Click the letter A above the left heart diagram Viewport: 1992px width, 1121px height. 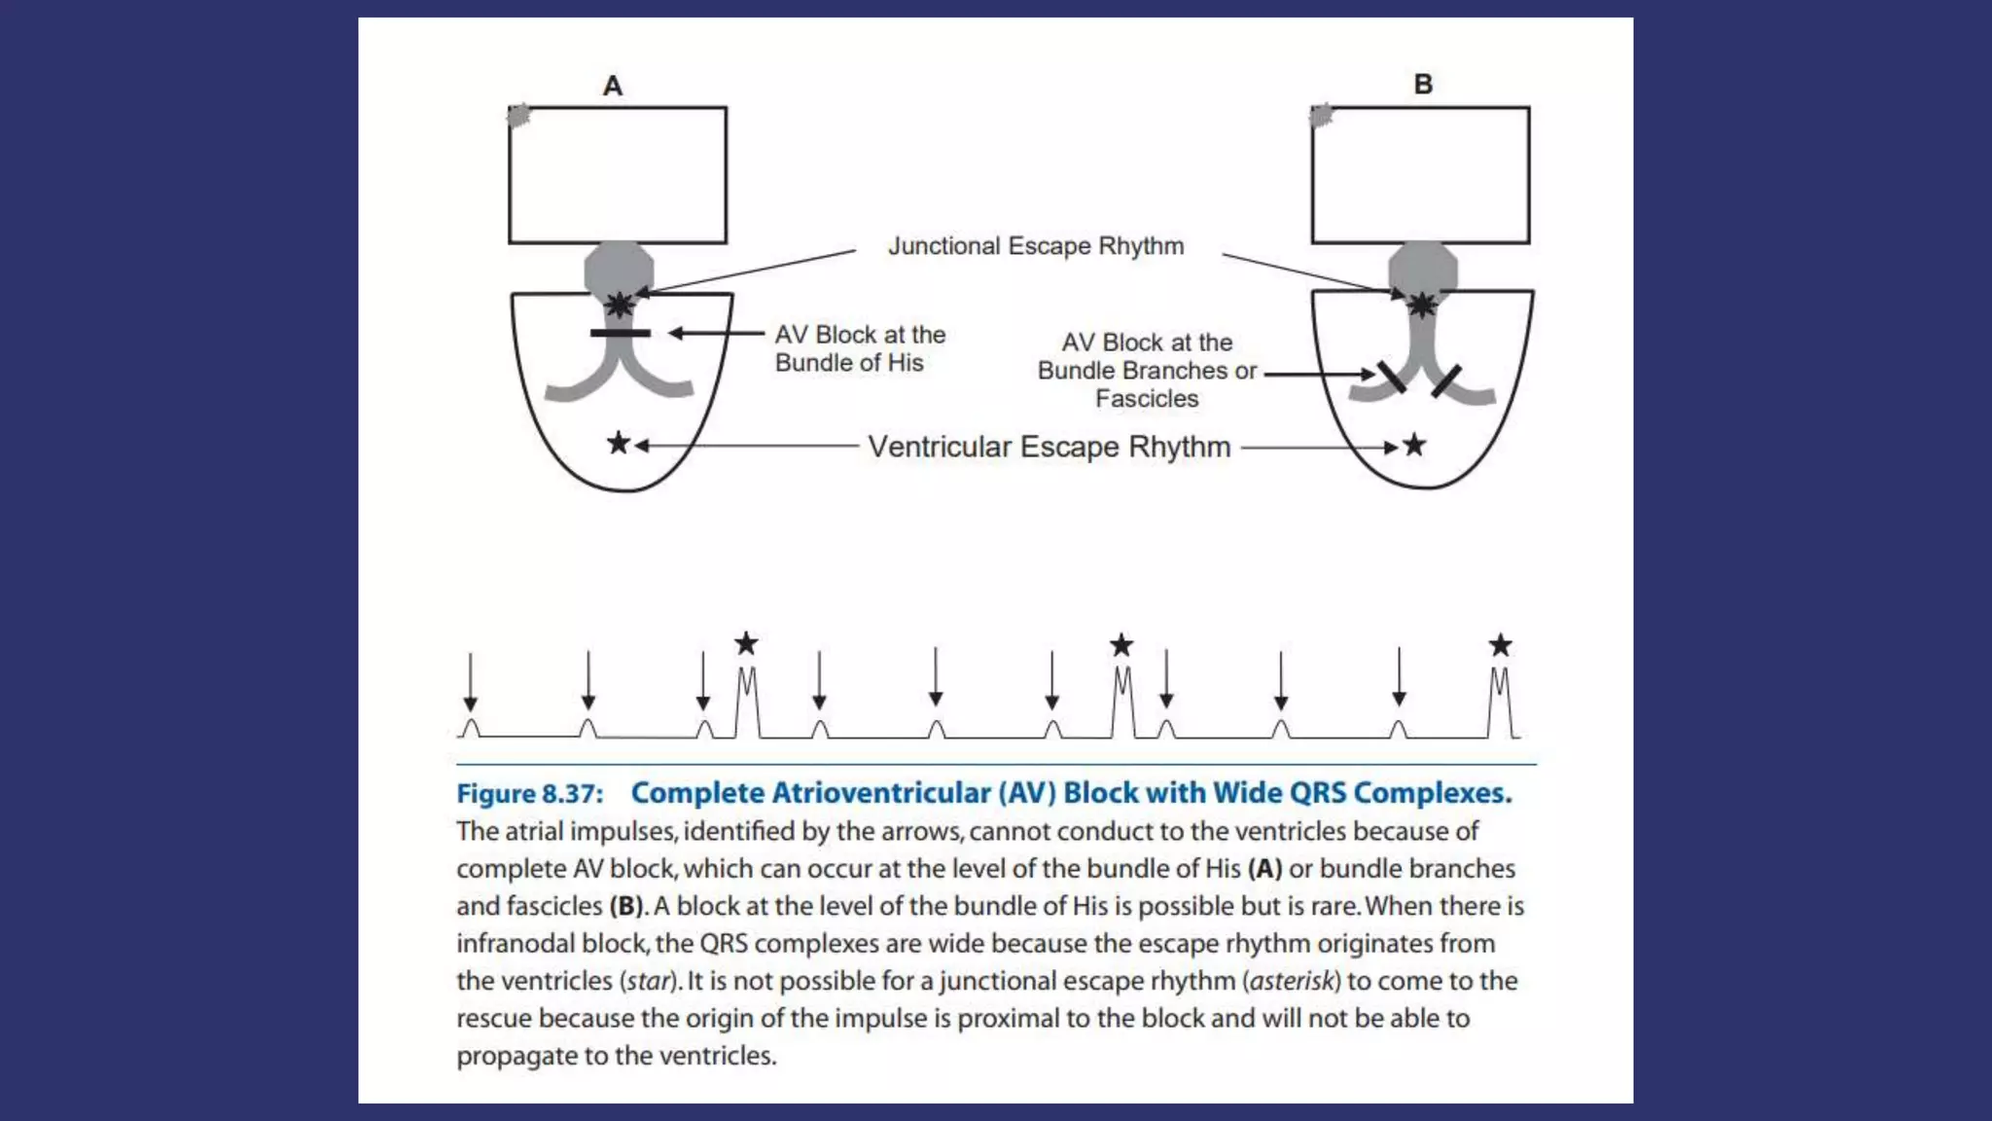point(613,86)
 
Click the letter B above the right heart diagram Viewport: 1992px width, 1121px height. point(1423,85)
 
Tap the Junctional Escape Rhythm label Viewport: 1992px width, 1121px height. point(1036,246)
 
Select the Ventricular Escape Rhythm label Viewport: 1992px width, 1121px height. point(1049,447)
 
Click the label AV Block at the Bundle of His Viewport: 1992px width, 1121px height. point(860,348)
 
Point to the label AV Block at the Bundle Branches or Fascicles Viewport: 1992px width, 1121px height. point(1147,371)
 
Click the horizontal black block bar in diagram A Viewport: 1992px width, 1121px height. point(621,334)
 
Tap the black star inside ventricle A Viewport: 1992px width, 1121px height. point(619,444)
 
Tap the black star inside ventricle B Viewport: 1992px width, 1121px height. point(1414,446)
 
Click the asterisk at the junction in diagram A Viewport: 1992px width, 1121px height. point(620,305)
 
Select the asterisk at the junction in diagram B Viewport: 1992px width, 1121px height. point(1422,306)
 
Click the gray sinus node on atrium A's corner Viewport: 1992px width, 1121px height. point(519,116)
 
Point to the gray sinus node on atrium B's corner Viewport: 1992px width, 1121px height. point(1321,116)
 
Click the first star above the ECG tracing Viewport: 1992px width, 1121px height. point(746,643)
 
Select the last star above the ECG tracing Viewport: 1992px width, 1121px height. point(1501,645)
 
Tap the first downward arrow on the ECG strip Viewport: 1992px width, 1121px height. point(471,682)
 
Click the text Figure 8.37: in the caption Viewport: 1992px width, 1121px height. point(530,794)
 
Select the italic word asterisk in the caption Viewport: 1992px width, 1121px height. point(1295,981)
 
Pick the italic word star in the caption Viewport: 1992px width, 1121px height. point(649,981)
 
